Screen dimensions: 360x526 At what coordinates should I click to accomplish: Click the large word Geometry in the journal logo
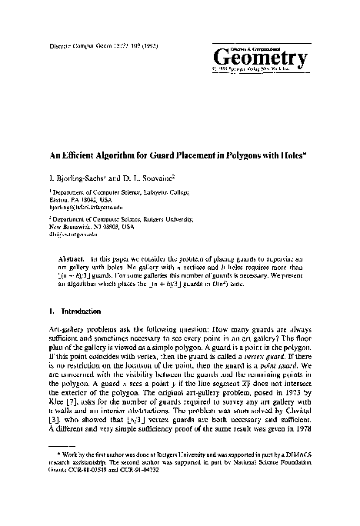coord(262,56)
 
